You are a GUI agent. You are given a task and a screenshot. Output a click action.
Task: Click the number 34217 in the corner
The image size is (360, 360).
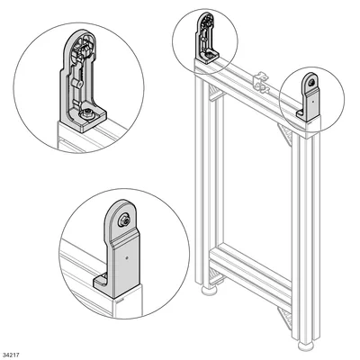click(12, 355)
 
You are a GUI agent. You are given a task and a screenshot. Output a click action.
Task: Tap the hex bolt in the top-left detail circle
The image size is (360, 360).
click(87, 113)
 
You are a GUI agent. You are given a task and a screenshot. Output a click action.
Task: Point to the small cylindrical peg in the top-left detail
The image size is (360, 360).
click(77, 84)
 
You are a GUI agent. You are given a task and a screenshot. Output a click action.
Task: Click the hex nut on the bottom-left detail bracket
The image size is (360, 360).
click(123, 220)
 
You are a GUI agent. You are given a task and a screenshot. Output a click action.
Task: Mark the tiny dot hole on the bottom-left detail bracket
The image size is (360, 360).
click(127, 257)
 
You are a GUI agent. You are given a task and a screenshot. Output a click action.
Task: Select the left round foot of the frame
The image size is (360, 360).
click(210, 290)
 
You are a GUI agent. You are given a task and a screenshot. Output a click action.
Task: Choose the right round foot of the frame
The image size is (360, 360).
click(306, 345)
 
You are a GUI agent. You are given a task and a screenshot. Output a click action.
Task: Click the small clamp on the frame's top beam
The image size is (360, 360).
click(261, 82)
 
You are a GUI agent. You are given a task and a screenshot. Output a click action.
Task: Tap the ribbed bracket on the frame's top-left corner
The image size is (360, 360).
click(207, 38)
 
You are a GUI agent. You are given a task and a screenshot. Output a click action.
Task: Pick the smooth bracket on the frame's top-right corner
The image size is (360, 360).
click(309, 97)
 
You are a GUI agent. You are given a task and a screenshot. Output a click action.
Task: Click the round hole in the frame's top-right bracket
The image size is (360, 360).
click(312, 82)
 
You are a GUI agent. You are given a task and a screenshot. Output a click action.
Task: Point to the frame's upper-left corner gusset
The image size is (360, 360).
click(215, 93)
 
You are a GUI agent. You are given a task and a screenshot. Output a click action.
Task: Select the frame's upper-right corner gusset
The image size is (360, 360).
click(284, 134)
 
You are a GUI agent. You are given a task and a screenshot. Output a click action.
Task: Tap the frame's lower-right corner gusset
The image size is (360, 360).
click(284, 318)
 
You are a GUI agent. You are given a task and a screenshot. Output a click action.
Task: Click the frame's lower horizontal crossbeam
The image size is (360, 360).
click(250, 270)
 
